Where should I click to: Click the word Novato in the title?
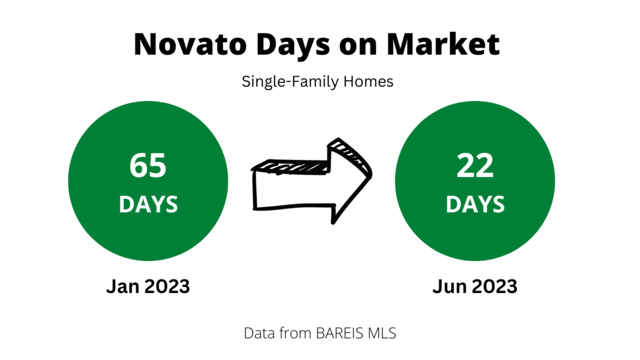[x=190, y=44]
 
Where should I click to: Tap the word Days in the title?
[x=293, y=45]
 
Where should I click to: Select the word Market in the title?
[x=443, y=44]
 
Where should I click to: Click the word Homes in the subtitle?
[x=368, y=81]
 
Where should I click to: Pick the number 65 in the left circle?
[x=147, y=165]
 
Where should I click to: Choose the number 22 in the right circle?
[x=475, y=165]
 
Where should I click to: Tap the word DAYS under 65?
[x=148, y=204]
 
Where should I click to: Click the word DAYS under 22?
[x=475, y=204]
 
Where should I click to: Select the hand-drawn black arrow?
[x=312, y=181]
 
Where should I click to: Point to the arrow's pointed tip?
[x=371, y=174]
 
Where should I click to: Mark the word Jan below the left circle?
[x=123, y=286]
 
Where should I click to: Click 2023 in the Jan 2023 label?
[x=167, y=286]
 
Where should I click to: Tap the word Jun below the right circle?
[x=450, y=286]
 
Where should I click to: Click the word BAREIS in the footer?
[x=339, y=333]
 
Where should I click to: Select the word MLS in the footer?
[x=382, y=333]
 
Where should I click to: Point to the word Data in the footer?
[x=257, y=333]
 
